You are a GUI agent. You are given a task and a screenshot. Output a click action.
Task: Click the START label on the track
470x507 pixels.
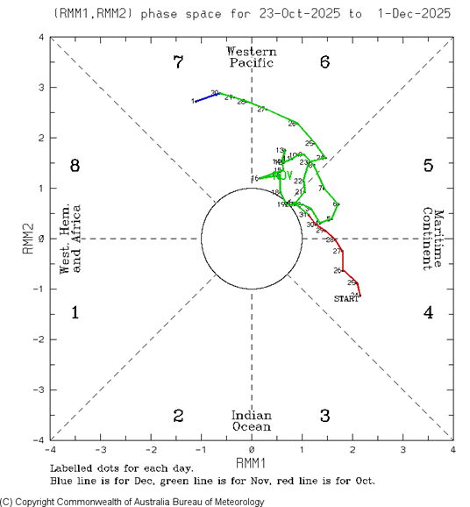[x=346, y=300]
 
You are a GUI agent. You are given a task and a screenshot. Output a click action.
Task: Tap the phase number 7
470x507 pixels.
[x=178, y=62]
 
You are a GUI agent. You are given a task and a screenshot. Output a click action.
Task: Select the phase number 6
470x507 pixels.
[x=324, y=62]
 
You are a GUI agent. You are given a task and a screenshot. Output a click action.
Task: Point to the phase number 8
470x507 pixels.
[x=75, y=165]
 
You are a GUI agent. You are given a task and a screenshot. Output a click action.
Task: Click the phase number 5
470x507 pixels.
[x=428, y=165]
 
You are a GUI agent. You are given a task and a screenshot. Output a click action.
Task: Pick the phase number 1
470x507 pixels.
[x=75, y=312]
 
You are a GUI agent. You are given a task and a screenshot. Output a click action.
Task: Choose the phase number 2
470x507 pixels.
[x=178, y=415]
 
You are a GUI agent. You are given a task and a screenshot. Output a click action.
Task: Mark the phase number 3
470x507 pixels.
[x=324, y=415]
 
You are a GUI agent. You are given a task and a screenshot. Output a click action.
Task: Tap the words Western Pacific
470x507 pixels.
[x=252, y=56]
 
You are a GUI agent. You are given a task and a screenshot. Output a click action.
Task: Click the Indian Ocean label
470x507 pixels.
[x=252, y=420]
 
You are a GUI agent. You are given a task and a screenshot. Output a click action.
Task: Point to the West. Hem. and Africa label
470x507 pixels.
[x=70, y=238]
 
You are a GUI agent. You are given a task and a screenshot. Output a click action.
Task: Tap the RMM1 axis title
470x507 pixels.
[x=252, y=461]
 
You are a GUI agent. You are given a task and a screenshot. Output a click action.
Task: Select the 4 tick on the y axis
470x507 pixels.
[x=40, y=38]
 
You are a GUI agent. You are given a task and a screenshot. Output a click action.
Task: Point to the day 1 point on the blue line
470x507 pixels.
[x=195, y=101]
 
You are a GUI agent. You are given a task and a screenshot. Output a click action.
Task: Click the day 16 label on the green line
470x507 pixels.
[x=255, y=179]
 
